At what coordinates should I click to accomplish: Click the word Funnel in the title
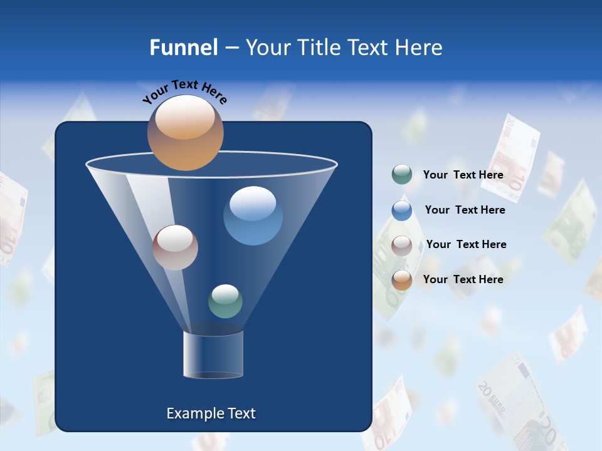tap(183, 48)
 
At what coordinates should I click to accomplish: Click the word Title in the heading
tap(319, 48)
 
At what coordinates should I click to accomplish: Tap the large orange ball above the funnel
tap(185, 133)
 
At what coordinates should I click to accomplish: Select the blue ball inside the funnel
tap(253, 215)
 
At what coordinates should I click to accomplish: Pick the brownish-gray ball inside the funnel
tap(175, 247)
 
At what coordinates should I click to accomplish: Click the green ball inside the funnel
tap(225, 301)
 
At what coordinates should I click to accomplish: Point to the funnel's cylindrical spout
tap(213, 355)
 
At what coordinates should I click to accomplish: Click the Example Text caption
tap(211, 413)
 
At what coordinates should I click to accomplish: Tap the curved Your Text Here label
tap(184, 91)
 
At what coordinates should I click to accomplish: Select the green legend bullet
tap(402, 175)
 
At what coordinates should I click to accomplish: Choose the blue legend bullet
tap(402, 210)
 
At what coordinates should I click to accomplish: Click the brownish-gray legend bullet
tap(402, 245)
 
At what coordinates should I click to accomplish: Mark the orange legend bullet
tap(402, 279)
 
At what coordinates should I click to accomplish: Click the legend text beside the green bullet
tap(463, 175)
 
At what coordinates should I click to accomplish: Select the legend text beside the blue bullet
tap(465, 210)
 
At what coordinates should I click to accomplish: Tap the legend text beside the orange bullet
tap(463, 279)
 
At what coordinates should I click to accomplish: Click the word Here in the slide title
tap(420, 48)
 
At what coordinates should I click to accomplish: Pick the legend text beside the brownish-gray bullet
tap(466, 244)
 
